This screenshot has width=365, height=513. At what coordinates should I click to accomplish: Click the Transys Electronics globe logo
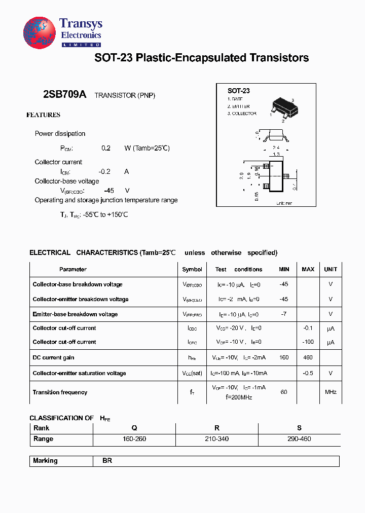point(39,33)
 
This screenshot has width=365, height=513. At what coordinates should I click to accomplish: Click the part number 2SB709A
point(65,95)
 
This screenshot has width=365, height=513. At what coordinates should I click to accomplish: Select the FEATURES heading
point(43,115)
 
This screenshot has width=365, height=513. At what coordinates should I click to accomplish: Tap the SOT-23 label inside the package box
point(238,91)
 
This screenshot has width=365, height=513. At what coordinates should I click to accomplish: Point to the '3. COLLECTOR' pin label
point(242,114)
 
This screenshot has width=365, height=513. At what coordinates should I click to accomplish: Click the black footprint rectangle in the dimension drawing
point(275,176)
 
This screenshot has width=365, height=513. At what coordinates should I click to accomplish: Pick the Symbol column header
point(192,269)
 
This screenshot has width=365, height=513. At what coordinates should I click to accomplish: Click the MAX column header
point(308,269)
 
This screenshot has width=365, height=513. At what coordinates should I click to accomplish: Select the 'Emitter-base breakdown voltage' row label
point(75,314)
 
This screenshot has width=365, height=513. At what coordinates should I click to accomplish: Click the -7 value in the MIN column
point(283,314)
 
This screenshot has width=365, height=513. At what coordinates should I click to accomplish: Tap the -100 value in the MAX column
point(308,342)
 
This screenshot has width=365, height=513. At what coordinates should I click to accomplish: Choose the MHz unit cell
point(331,392)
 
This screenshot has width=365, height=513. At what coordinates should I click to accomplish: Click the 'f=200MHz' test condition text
point(239,397)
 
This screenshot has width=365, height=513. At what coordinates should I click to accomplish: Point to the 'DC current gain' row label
point(53,357)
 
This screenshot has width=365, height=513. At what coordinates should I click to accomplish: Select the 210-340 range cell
point(216,439)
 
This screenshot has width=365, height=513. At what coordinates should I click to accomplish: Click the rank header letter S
point(299,428)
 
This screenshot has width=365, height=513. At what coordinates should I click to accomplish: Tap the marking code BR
point(107,461)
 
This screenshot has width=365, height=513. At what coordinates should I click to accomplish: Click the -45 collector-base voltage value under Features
point(108,191)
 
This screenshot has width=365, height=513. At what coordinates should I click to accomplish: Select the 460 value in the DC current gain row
point(308,357)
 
